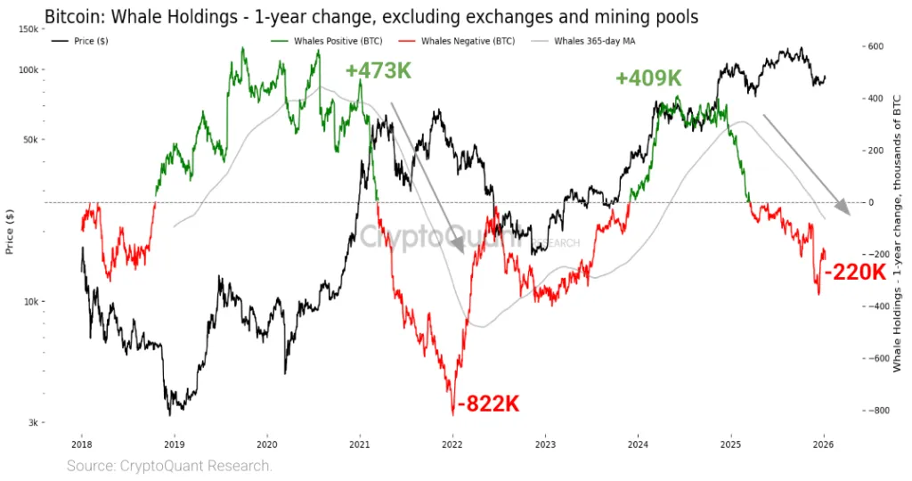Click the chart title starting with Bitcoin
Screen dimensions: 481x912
pyautogui.click(x=370, y=16)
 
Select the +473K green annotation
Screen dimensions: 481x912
pyautogui.click(x=379, y=70)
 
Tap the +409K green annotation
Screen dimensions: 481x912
pyautogui.click(x=647, y=78)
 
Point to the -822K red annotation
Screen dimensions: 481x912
pyautogui.click(x=487, y=404)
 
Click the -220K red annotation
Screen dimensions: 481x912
pyautogui.click(x=855, y=273)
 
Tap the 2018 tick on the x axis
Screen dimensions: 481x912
pyautogui.click(x=82, y=443)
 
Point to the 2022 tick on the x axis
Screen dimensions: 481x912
pyautogui.click(x=452, y=443)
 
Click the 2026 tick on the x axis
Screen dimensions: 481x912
pyautogui.click(x=824, y=443)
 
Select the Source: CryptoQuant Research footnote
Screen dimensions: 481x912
pyautogui.click(x=169, y=466)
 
